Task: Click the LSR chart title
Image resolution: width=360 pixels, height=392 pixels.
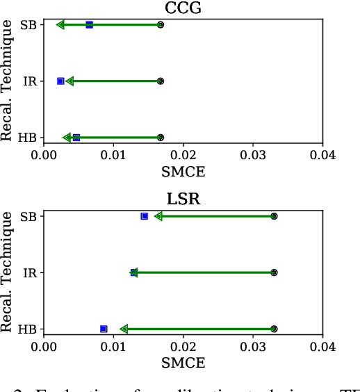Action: [x=183, y=200]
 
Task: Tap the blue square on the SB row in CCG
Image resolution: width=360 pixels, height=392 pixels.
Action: [x=89, y=24]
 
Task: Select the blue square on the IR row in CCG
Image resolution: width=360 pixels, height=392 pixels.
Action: [x=60, y=81]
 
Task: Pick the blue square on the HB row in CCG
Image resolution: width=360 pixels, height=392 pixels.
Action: [x=76, y=138]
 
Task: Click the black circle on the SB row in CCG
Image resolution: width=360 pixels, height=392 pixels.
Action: [x=160, y=24]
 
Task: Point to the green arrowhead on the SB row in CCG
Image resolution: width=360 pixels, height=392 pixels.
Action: [x=60, y=24]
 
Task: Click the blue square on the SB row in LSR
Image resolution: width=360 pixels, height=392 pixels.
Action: [x=144, y=216]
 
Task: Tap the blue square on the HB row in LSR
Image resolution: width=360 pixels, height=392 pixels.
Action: [x=104, y=329]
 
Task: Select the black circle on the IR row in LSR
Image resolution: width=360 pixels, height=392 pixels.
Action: [x=274, y=272]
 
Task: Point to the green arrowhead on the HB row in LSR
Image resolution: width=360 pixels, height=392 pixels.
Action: [x=124, y=329]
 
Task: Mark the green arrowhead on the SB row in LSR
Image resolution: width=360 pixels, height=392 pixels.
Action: [x=158, y=216]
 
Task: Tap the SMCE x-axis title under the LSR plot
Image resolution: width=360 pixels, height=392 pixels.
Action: [x=183, y=362]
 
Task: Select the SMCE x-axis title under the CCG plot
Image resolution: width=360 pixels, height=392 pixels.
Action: [x=183, y=170]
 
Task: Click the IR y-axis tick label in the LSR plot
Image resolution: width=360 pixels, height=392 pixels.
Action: [x=30, y=272]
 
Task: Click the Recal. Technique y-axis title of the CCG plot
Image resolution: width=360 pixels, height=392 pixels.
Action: [x=8, y=80]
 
